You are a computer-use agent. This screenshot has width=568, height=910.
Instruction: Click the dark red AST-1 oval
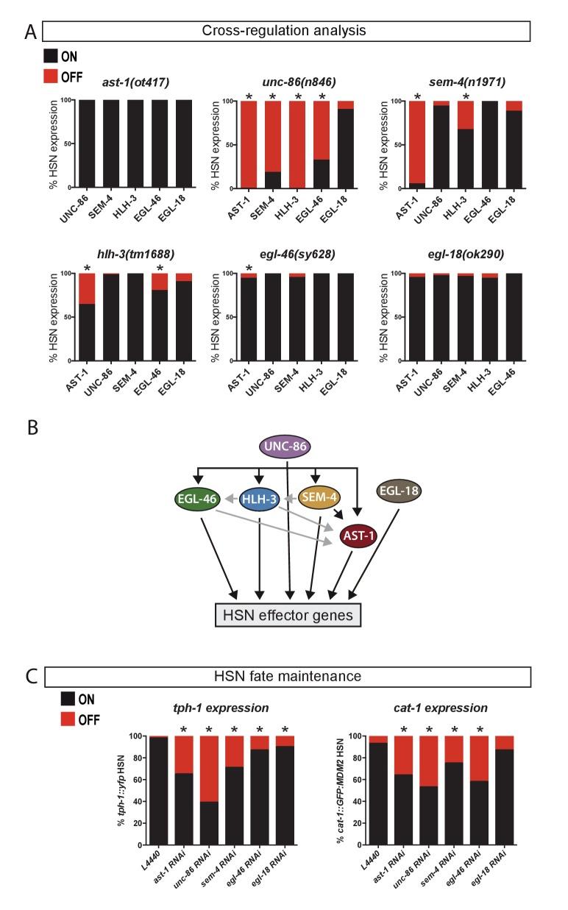(359, 537)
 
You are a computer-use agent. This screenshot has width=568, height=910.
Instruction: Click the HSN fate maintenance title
(287, 677)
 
